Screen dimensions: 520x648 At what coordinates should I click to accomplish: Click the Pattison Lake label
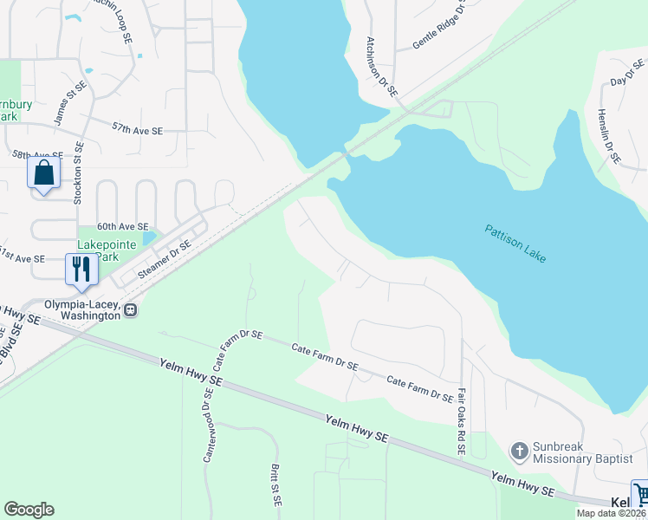[x=515, y=244]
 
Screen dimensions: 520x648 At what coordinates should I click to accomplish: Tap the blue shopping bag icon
[x=43, y=172]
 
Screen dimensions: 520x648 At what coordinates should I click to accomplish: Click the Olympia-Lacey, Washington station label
[x=72, y=310]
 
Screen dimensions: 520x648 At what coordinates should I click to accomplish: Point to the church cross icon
[x=519, y=450]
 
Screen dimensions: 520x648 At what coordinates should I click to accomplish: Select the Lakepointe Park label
[x=107, y=250]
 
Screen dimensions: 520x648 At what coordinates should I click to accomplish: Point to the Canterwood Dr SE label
[x=208, y=428]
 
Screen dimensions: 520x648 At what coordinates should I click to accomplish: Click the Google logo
[x=29, y=510]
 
